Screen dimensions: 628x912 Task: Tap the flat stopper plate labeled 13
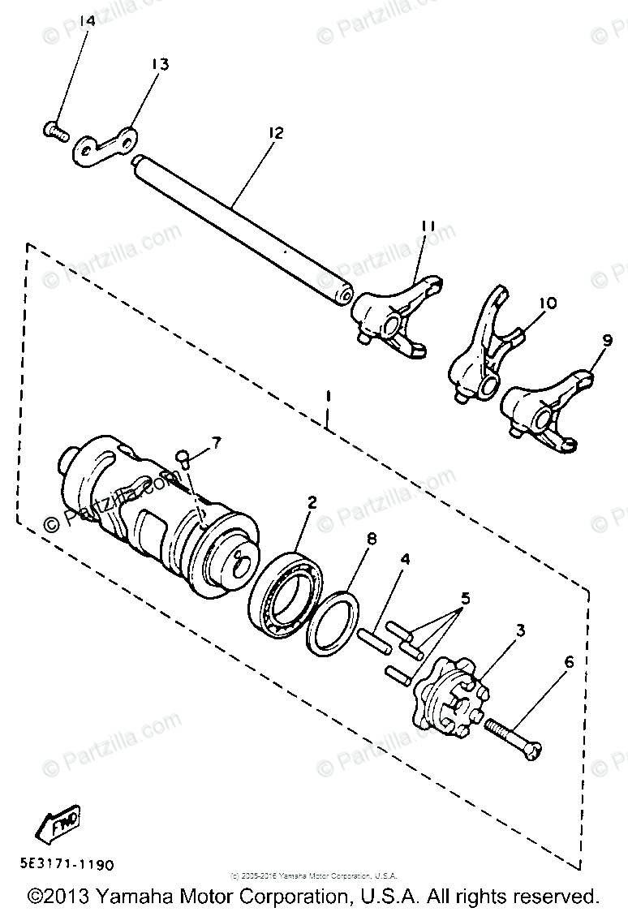(106, 147)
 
